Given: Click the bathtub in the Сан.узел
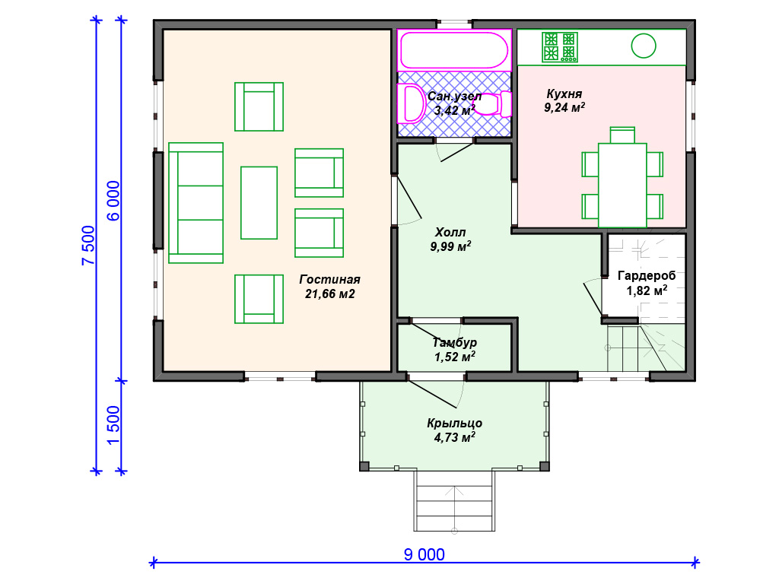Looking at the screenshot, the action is point(454,50).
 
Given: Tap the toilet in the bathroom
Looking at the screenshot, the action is point(493,104).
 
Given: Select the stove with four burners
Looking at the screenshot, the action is point(559,47).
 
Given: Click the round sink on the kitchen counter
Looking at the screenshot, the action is point(644,46).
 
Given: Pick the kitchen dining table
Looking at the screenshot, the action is point(622,186).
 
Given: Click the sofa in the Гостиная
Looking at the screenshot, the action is point(196,202).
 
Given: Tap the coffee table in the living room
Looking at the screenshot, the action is point(259,202).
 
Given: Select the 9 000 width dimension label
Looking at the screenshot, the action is point(424,554).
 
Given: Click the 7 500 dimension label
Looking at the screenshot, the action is point(88,246).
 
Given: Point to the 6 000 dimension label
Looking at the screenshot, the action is point(113,201).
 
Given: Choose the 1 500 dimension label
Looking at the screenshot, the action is point(113,426).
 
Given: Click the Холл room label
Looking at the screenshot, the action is point(450,233).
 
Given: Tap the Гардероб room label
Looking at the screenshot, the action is point(647,275).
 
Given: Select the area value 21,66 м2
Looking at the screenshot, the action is point(330,294).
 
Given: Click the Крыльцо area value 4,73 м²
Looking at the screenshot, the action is point(455,437).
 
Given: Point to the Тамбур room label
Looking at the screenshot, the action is point(455,342).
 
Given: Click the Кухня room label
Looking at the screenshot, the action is point(564,94).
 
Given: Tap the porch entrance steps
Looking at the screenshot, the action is point(455,500).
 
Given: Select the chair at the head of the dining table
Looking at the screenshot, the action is point(622,135).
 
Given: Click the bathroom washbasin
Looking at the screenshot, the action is point(412,103).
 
